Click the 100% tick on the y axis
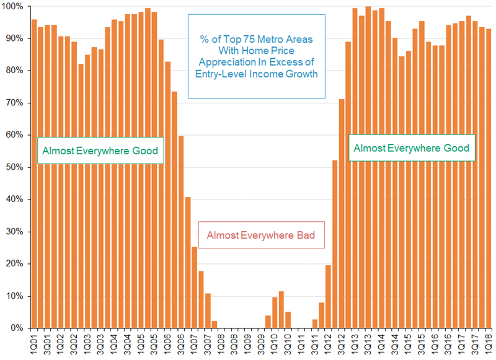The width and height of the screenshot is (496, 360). tap(12, 6)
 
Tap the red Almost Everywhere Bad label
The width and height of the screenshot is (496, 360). tap(261, 235)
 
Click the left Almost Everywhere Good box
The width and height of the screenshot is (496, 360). tap(100, 151)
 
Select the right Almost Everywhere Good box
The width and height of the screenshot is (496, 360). tap(411, 148)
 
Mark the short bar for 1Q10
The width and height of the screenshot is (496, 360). tap(275, 313)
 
